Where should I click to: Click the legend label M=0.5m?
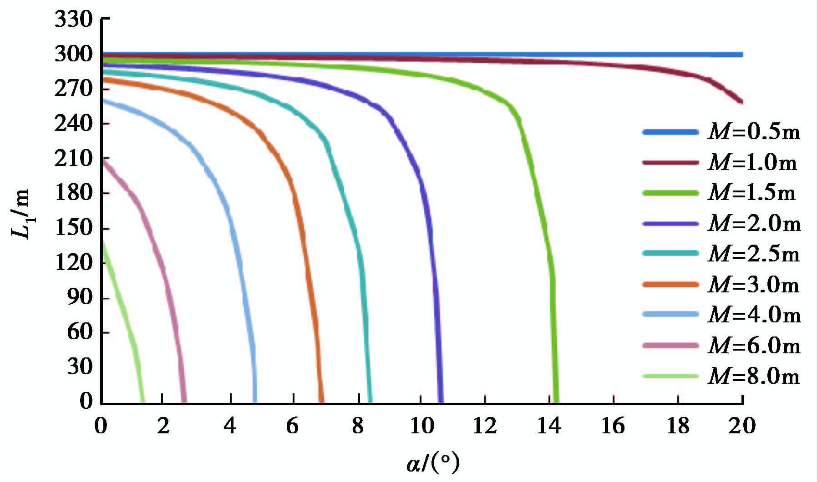754,132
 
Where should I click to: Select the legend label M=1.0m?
753,163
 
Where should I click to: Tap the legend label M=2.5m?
754,254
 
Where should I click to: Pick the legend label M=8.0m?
754,377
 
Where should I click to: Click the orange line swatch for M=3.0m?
670,285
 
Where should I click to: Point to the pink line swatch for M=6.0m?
670,346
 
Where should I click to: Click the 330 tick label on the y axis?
74,20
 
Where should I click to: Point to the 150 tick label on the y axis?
74,227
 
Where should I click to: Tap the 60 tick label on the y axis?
80,331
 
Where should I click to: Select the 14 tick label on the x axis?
549,426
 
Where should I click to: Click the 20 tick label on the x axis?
742,426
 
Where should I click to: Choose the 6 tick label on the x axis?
292,426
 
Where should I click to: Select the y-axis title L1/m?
20,214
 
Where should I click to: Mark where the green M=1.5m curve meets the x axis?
556,402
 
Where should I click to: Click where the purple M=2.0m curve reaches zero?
440,402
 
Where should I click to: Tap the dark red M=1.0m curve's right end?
741,102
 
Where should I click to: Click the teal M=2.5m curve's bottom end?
370,402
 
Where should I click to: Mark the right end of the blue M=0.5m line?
742,55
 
